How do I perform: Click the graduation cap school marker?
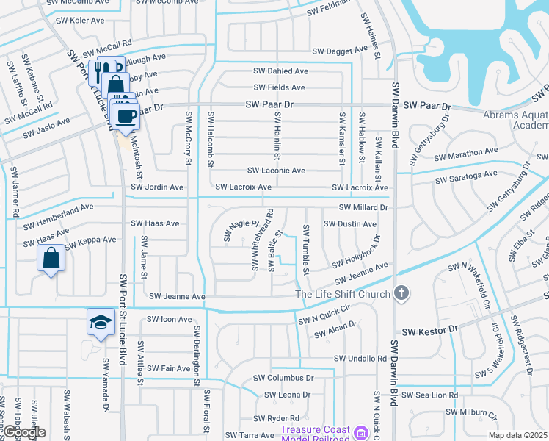click(101, 321)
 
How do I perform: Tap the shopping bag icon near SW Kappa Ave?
click(51, 259)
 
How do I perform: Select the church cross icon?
click(401, 294)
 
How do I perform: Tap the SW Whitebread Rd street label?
click(263, 239)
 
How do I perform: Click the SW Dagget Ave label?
click(340, 51)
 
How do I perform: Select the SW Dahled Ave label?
click(280, 71)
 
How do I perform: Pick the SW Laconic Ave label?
click(276, 171)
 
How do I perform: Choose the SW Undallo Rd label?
click(360, 359)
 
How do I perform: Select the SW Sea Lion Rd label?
click(432, 395)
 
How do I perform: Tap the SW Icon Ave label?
click(169, 320)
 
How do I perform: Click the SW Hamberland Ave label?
click(59, 208)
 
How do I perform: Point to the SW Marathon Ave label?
click(466, 153)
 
